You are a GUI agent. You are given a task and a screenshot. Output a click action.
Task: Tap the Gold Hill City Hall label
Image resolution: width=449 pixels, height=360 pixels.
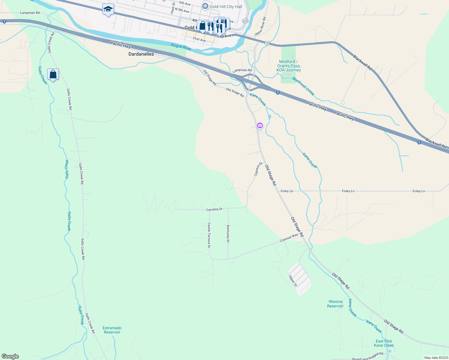[x=222, y=7]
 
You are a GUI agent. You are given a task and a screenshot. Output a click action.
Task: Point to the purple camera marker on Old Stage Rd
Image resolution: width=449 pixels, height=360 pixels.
[x=260, y=125]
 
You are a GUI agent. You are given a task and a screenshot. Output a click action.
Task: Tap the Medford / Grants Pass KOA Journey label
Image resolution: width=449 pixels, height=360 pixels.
[x=288, y=66]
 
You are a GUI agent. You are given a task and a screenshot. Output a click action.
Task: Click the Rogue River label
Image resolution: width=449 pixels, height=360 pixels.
[x=181, y=47]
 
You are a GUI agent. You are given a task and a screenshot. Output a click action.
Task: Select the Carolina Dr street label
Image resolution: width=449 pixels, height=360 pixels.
[x=214, y=209]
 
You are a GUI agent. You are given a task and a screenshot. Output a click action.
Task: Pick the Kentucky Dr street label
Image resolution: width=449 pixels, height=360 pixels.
[x=228, y=234]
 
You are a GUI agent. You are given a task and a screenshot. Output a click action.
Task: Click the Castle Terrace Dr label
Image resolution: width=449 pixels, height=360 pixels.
[x=209, y=235]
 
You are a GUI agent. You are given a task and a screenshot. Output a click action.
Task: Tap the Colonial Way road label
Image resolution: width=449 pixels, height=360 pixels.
[x=289, y=238]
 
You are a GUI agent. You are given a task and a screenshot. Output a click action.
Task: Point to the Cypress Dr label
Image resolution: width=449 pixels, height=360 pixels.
[x=258, y=169]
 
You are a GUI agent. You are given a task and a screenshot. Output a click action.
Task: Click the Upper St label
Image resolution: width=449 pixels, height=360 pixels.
[x=293, y=281]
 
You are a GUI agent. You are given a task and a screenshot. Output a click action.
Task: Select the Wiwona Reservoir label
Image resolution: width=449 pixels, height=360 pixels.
[x=335, y=304]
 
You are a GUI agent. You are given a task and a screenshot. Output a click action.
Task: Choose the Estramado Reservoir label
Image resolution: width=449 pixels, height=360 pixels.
[x=112, y=330]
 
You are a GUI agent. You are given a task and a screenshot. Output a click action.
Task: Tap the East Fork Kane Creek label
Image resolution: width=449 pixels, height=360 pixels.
[x=384, y=343]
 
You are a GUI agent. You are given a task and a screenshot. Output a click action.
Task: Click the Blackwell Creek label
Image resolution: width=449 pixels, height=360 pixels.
[x=303, y=86]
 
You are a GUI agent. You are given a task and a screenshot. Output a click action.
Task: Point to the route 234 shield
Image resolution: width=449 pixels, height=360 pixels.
[x=246, y=21]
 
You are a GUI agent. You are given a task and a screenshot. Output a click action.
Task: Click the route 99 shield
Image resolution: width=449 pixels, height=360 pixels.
[x=267, y=43]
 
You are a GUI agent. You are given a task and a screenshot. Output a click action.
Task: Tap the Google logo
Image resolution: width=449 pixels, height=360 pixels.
[x=10, y=356]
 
